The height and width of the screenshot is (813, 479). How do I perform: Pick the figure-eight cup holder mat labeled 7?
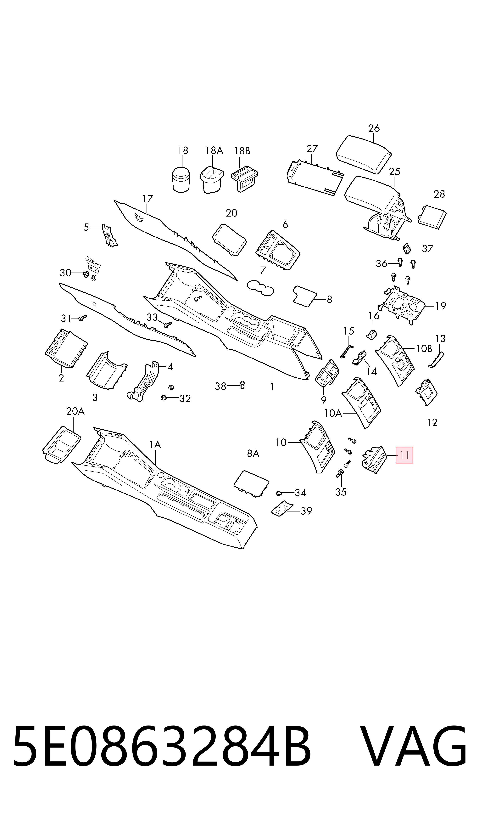[x=260, y=288]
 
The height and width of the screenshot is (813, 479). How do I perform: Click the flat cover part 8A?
[x=251, y=484]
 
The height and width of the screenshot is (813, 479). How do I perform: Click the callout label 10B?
[x=424, y=348]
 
